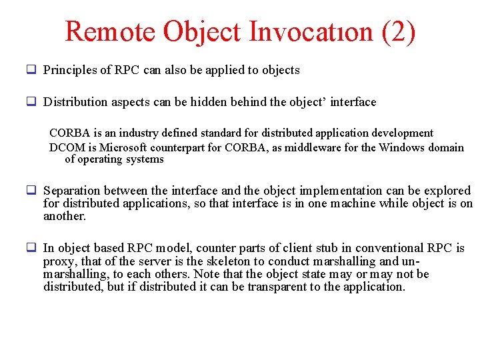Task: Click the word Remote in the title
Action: [x=111, y=31]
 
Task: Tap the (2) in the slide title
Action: [x=399, y=31]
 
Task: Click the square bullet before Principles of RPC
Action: [x=31, y=69]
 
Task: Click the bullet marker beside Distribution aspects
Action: [x=31, y=102]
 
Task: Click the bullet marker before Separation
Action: [x=31, y=191]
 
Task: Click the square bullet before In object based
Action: [x=31, y=248]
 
